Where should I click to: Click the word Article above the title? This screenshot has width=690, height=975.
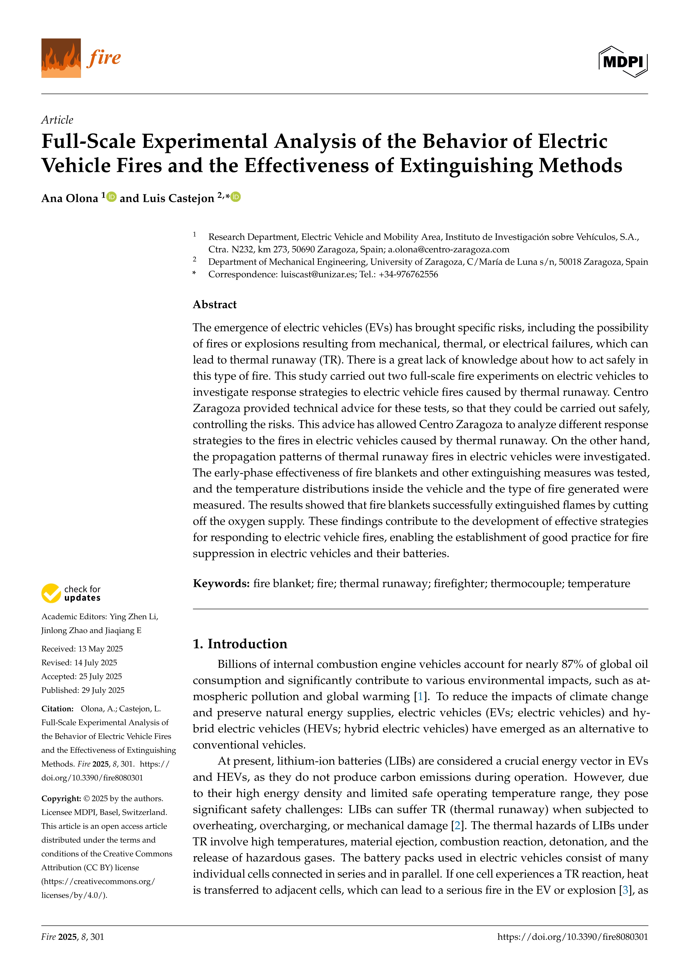57,120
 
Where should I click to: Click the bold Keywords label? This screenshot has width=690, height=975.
221,584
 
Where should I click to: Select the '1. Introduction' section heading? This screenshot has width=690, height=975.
240,644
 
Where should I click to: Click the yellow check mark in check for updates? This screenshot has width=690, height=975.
51,593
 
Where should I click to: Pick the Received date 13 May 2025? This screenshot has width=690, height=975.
82,649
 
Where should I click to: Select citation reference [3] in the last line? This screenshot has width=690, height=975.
625,890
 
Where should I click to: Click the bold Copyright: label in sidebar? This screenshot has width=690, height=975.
61,798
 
